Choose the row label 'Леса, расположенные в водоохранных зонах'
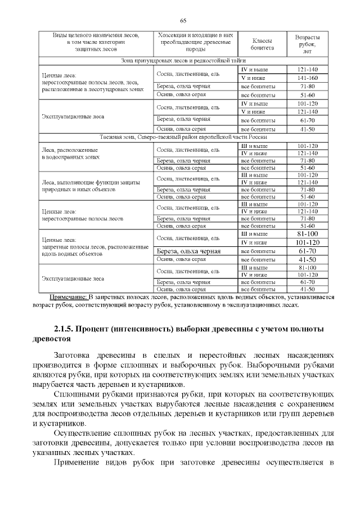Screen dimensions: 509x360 tap(70, 154)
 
